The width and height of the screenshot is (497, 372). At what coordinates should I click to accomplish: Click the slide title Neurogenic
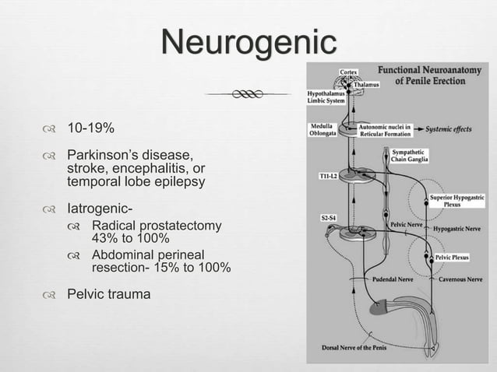[x=248, y=42]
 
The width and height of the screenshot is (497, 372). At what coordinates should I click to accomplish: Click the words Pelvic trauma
[x=109, y=295]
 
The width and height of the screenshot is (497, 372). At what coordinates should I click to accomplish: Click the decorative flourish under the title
[x=248, y=94]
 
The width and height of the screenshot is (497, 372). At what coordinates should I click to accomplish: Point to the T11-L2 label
[x=329, y=177]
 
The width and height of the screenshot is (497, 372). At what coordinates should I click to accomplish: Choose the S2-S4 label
[x=329, y=218]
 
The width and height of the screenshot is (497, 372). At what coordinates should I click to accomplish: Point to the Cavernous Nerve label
[x=460, y=279]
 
